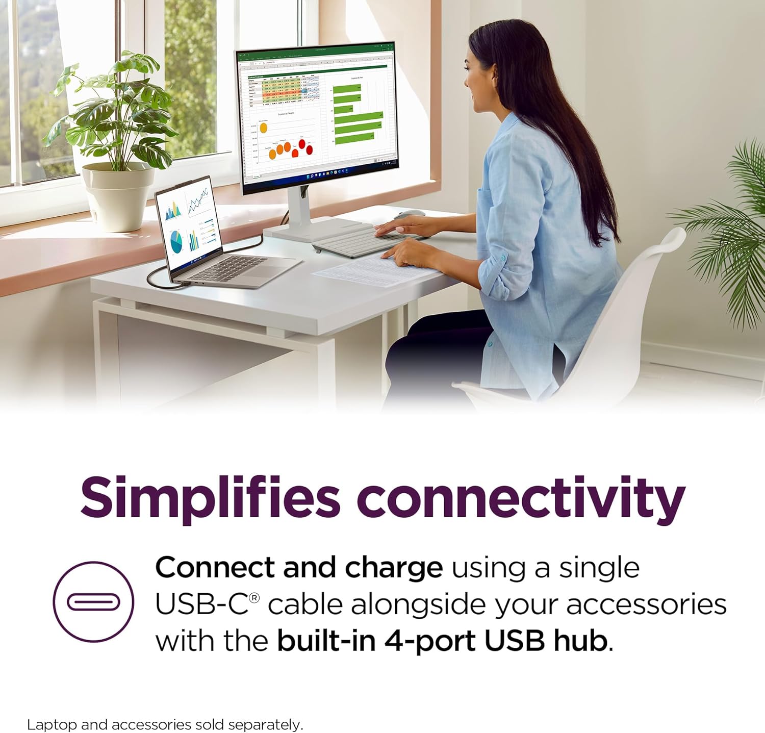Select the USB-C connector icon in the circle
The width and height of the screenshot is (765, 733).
[93, 602]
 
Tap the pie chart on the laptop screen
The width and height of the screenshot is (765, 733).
[176, 241]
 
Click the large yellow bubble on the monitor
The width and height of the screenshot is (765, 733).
[264, 128]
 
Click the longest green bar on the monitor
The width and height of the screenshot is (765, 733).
[359, 117]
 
